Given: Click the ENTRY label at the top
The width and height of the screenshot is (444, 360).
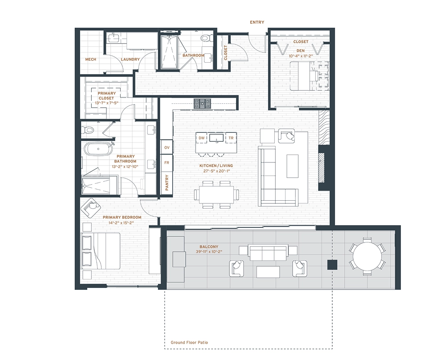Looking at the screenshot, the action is click(257, 22).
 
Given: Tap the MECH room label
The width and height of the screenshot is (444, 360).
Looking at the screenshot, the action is click(90, 60).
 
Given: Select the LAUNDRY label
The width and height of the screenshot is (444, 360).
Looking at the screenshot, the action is click(130, 60).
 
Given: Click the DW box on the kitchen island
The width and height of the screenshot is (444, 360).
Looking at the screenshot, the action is click(202, 138).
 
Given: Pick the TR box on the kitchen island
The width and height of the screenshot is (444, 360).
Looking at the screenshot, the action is click(231, 138).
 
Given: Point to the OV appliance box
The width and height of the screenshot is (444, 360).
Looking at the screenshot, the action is click(167, 147).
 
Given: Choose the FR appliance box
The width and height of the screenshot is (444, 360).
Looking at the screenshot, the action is click(167, 163).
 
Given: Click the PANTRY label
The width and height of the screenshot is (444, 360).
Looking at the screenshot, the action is click(167, 182).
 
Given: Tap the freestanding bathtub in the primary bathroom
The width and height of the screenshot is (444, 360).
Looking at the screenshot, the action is click(98, 149).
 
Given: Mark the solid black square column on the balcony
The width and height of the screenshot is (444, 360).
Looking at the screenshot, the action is click(332, 265).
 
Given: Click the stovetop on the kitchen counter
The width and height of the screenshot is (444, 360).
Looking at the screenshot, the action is click(202, 103).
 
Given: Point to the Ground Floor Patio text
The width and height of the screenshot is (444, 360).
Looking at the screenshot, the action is click(189, 343).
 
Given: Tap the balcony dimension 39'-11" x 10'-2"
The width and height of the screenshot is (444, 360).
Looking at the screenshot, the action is click(209, 251).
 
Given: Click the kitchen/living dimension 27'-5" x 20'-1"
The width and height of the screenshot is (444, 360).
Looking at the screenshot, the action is click(216, 171).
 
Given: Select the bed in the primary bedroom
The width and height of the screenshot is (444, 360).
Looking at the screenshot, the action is click(101, 251).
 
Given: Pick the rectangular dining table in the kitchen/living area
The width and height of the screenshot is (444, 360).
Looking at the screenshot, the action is click(216, 194).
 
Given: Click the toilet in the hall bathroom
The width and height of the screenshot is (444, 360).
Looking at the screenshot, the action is click(206, 38).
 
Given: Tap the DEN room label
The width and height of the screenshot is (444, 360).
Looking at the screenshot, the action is click(301, 51).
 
